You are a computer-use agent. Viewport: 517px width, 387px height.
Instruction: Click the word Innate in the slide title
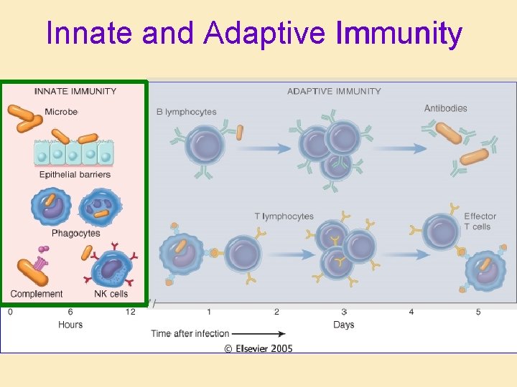click(x=90, y=33)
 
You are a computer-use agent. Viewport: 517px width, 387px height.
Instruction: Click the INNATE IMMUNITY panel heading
click(x=75, y=91)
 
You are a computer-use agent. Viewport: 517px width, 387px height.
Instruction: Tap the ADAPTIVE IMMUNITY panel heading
click(x=334, y=91)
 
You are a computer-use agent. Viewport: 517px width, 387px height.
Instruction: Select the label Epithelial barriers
click(x=75, y=174)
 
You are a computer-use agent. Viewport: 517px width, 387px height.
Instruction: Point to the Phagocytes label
click(x=75, y=233)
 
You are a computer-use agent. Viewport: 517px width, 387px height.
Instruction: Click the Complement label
click(x=37, y=294)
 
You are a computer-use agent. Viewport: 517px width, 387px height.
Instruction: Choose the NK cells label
click(x=111, y=294)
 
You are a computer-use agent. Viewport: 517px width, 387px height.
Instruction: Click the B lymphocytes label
click(x=186, y=112)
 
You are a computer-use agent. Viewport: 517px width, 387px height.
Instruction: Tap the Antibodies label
click(x=445, y=108)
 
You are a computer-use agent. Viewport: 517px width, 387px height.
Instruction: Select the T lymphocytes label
click(x=284, y=216)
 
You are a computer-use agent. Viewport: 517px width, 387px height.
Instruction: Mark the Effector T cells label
click(x=479, y=221)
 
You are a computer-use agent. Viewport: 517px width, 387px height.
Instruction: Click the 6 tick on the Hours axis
click(x=70, y=312)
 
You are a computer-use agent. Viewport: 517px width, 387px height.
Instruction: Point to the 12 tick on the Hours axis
click(x=130, y=312)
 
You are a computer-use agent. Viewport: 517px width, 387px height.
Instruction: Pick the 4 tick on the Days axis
click(x=411, y=312)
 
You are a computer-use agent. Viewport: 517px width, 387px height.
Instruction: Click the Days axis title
click(x=344, y=325)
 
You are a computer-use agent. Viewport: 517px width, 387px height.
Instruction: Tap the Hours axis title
click(x=70, y=325)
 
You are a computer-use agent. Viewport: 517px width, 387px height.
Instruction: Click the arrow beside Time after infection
click(x=258, y=333)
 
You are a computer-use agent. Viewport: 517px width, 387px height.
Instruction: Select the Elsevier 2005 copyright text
click(x=258, y=348)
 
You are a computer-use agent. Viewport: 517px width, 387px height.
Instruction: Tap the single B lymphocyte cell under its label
click(x=205, y=145)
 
